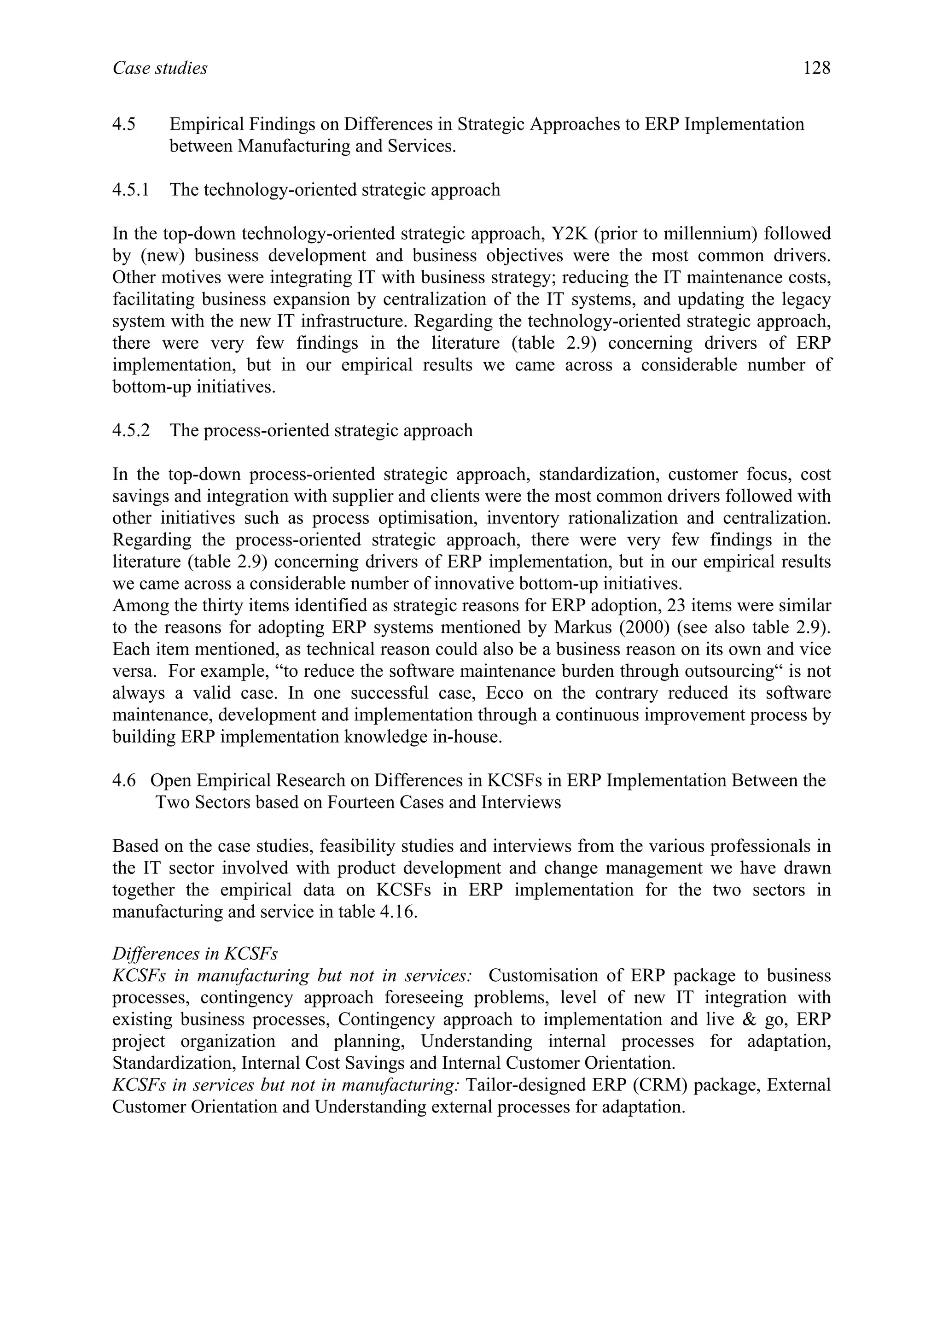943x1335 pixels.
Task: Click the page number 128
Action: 816,69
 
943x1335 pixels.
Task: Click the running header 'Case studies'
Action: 160,69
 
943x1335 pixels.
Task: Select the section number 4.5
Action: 124,124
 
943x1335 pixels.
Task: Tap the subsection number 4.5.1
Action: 131,190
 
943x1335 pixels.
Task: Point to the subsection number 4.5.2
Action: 131,431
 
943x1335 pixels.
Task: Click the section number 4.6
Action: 124,780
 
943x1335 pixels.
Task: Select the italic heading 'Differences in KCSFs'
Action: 195,954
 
